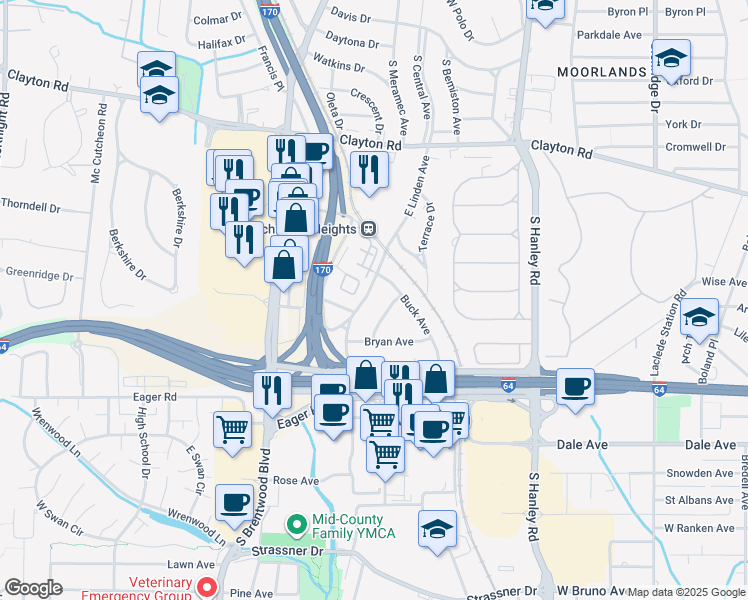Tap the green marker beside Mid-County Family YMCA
coord(296,523)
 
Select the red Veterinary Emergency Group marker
coord(208,584)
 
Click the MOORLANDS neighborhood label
coord(601,73)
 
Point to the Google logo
coord(33,589)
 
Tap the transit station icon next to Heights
coord(369,229)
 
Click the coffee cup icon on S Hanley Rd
coord(575,387)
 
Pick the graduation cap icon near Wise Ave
coord(700,316)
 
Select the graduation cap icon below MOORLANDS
coord(671,58)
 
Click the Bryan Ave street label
coord(389,342)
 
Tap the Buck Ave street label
coord(414,314)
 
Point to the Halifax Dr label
coord(221,43)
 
